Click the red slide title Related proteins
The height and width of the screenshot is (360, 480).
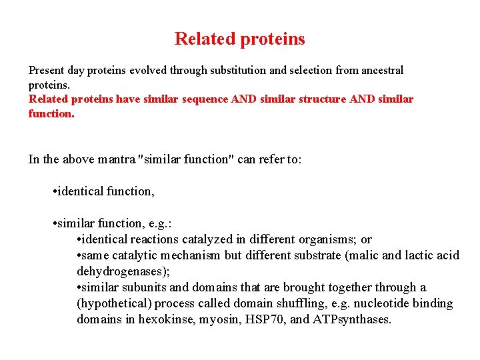239,39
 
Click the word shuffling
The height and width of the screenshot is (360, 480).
292,303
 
